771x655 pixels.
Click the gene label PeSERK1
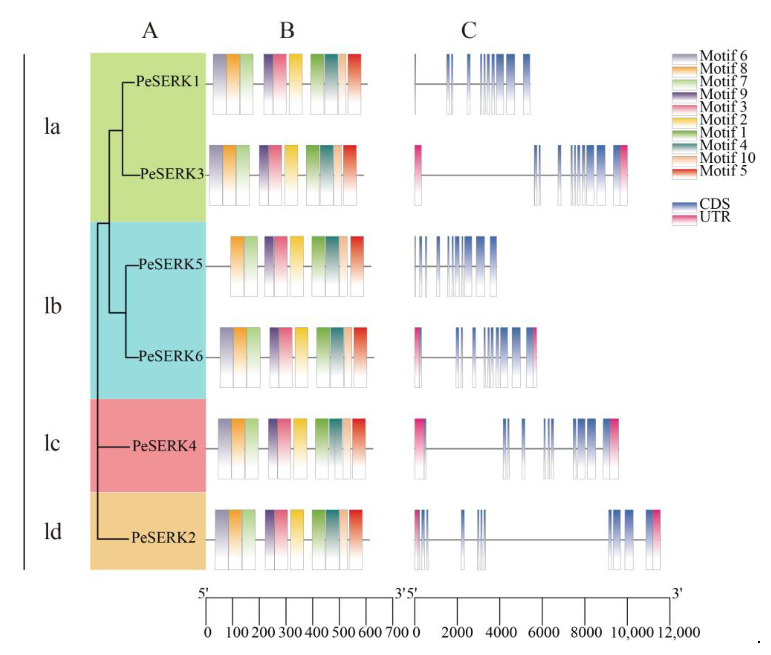(168, 81)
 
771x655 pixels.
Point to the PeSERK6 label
(171, 356)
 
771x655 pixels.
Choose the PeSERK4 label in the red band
(164, 446)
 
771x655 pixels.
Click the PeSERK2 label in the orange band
(163, 537)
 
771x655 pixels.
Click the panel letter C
(469, 30)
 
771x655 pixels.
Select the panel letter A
(150, 30)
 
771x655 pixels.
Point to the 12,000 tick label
(678, 632)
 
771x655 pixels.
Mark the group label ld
(53, 531)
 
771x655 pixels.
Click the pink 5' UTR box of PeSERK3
(418, 175)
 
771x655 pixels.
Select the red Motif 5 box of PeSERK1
(354, 84)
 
